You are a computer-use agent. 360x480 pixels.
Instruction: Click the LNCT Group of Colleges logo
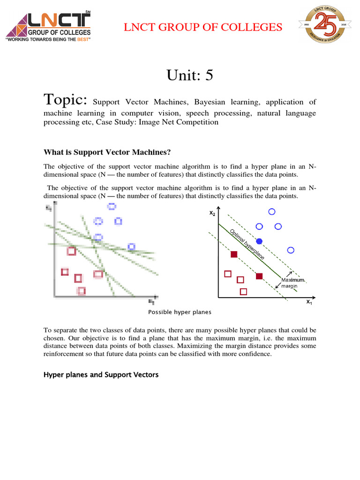tap(48, 26)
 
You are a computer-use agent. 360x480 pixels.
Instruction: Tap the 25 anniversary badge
tap(321, 27)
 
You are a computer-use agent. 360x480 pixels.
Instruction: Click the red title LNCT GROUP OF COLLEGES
tap(203, 27)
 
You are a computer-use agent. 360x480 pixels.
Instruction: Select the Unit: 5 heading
tap(189, 75)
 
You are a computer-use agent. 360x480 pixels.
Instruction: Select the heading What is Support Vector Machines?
tap(107, 152)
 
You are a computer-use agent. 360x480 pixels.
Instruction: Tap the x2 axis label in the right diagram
tap(212, 213)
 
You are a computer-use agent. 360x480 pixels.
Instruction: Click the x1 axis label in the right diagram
tap(309, 302)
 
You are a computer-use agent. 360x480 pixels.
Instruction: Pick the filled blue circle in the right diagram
tap(259, 241)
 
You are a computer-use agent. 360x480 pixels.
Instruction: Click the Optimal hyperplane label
tap(247, 243)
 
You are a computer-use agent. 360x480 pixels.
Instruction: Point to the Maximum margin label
tap(293, 283)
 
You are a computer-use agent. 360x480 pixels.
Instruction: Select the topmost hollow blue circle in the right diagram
tap(271, 212)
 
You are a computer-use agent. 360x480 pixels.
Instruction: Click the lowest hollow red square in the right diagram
tap(243, 292)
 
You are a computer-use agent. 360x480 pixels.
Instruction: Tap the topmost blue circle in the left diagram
tap(111, 206)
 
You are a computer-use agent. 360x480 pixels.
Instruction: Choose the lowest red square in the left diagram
tap(82, 291)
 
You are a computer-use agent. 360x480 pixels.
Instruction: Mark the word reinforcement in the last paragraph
tap(64, 354)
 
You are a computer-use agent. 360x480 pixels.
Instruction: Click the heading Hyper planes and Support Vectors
tap(101, 375)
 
